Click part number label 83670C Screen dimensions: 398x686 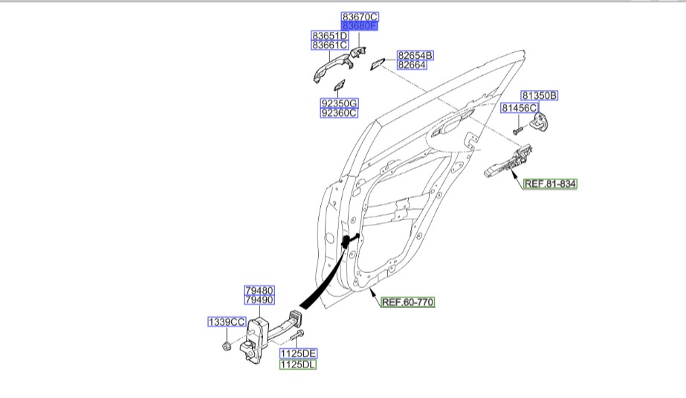coord(360,16)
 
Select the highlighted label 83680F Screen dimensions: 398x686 coord(360,26)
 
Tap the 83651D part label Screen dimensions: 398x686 coord(329,36)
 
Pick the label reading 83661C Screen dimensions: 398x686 coord(329,45)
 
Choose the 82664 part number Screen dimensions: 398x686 coord(412,65)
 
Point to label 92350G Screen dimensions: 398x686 coord(340,103)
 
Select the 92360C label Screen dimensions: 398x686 coord(340,113)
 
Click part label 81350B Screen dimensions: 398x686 coord(539,95)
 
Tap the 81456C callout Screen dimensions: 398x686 coord(519,108)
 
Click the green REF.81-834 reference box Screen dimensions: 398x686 coord(550,183)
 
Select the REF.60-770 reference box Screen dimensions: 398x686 coord(407,302)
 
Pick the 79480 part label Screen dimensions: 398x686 coord(259,290)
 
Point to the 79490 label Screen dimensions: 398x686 coord(259,300)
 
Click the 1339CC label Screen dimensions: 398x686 coord(227,322)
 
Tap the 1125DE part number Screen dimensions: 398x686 coord(298,353)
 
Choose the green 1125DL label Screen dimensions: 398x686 coord(298,365)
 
